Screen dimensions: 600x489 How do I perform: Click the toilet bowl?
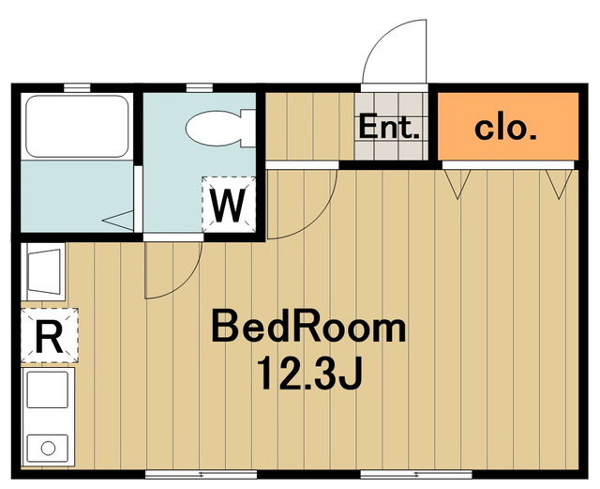tap(214, 129)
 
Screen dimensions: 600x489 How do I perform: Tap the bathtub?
tap(77, 126)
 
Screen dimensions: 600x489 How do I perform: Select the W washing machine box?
tap(229, 205)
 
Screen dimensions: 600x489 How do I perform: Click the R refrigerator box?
tap(50, 335)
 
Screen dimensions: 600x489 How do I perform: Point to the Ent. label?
tap(389, 128)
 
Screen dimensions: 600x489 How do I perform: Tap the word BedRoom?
tap(308, 327)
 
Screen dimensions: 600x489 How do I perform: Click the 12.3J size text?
tap(309, 373)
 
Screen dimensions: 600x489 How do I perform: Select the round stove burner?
tap(48, 448)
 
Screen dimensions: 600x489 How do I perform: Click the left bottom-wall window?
tap(202, 474)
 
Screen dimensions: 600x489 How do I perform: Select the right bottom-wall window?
tap(416, 474)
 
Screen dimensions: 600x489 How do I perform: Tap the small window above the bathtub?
tap(77, 88)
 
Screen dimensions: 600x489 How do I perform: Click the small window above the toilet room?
tap(200, 88)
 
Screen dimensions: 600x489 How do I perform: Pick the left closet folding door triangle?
tap(457, 184)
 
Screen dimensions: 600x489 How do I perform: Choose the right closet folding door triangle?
tap(559, 184)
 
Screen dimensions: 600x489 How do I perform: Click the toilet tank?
tap(248, 129)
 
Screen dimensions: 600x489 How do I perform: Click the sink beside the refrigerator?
tap(44, 271)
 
